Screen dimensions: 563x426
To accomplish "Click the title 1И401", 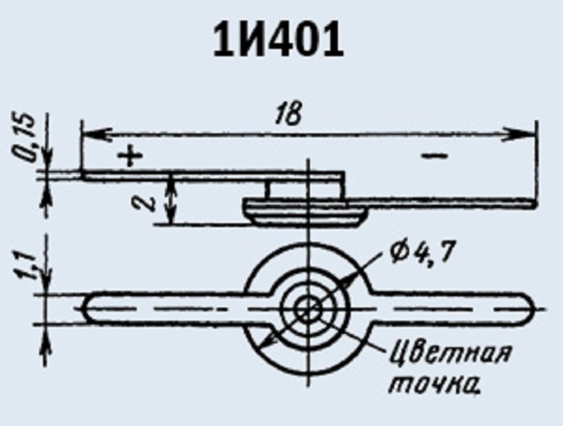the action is point(279,41).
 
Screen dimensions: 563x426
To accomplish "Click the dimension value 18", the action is point(289,114).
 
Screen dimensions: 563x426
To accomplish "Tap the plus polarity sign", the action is point(130,156).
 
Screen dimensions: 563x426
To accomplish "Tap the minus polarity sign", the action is point(434,155).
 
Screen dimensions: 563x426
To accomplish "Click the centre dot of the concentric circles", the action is point(307,308).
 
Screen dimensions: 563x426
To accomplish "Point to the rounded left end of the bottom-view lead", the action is point(85,308).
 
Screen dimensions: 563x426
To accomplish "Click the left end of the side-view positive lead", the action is point(81,176).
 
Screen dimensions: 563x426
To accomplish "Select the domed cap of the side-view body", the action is point(306,213).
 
